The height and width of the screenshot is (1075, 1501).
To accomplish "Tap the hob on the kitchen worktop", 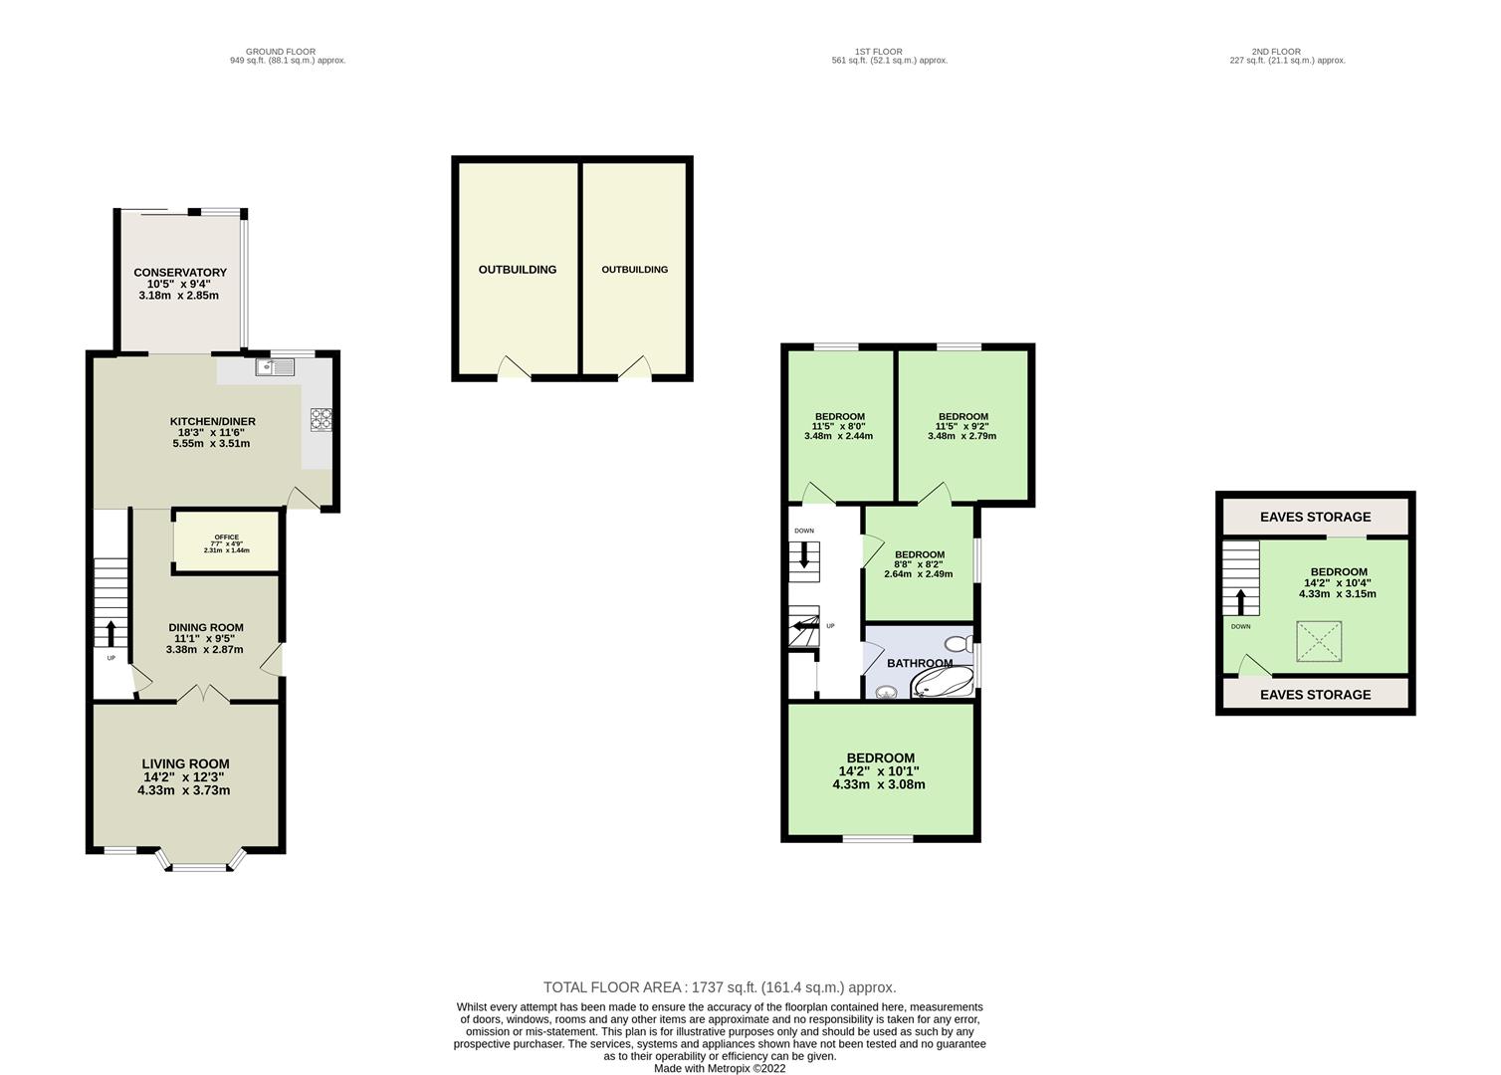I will click(321, 420).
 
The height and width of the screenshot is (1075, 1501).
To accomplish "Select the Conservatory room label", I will click(180, 273).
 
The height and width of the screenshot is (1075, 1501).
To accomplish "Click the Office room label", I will click(226, 537).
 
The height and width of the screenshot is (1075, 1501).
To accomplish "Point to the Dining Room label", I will click(206, 628).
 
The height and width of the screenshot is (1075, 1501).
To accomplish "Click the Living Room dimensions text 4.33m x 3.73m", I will click(184, 791).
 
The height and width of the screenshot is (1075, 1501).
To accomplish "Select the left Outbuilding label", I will click(517, 270).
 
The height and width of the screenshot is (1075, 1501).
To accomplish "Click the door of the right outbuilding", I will click(635, 369).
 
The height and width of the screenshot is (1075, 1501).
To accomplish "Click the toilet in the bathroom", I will click(958, 643).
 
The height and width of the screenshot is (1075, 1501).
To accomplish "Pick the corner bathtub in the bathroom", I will click(944, 682).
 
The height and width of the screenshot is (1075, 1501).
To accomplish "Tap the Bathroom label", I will click(919, 663).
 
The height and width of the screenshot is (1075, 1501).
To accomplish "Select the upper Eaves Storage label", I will click(1315, 517).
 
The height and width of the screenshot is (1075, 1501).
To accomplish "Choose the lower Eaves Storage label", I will click(1315, 695).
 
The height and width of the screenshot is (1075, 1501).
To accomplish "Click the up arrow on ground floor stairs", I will click(110, 633).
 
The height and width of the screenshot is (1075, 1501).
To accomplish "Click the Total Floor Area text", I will click(719, 987).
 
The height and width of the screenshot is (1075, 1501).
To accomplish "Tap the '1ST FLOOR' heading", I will click(878, 52).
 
